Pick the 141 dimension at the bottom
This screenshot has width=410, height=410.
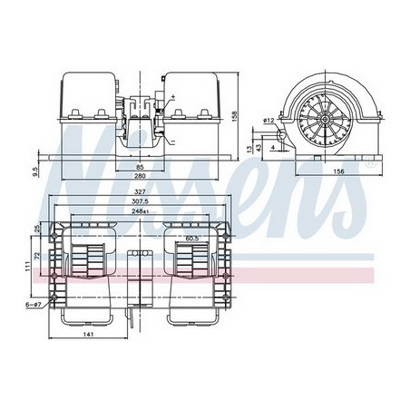click(x=88, y=335)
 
